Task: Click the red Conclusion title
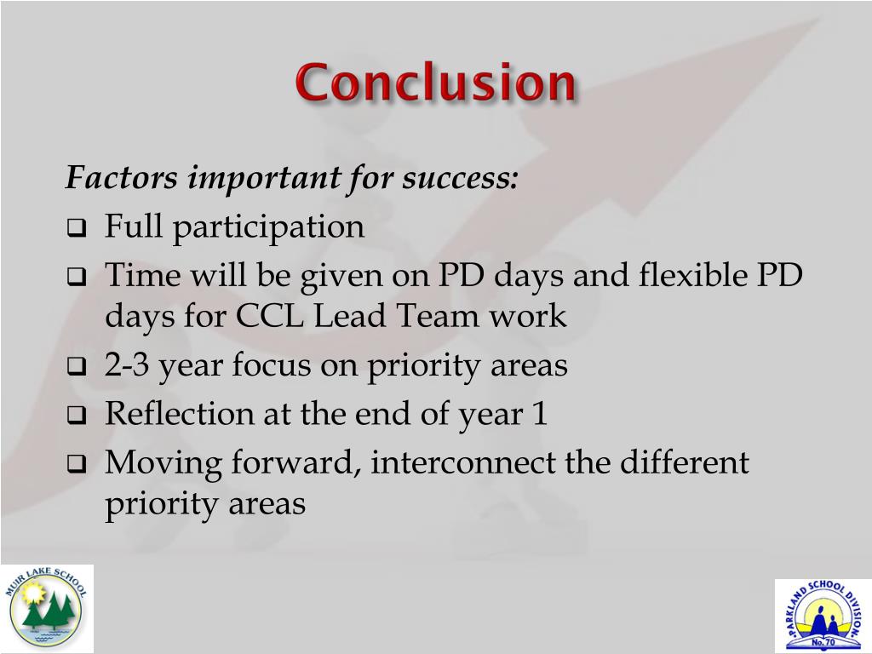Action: coord(435,84)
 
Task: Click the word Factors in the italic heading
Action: coord(121,179)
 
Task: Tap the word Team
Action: coord(441,316)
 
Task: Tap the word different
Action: coord(684,463)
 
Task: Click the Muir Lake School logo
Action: coord(47,609)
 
